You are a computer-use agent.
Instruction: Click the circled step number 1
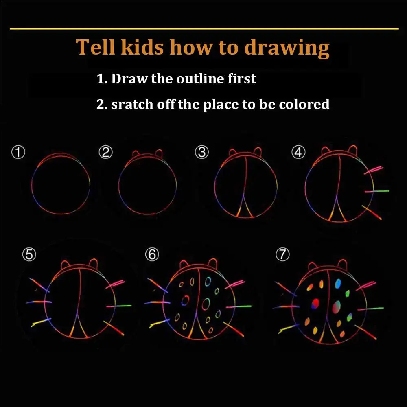point(18,152)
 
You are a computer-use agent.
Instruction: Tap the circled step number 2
point(106,152)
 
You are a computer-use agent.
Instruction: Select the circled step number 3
point(202,152)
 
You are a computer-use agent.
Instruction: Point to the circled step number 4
point(298,152)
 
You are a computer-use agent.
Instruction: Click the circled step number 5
point(29,254)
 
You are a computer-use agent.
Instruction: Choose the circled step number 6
point(152,254)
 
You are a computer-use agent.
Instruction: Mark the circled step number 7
point(282,254)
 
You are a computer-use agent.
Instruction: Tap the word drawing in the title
point(287,48)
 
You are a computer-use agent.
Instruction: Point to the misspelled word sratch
point(132,104)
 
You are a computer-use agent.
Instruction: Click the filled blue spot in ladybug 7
point(338,284)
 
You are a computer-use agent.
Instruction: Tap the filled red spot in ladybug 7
point(315,304)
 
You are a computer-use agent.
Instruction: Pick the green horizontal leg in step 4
point(376,191)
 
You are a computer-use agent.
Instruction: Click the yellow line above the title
point(204,28)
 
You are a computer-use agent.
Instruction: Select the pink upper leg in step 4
point(373,170)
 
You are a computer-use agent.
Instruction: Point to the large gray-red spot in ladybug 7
point(337,307)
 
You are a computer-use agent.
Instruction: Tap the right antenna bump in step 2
point(159,153)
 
